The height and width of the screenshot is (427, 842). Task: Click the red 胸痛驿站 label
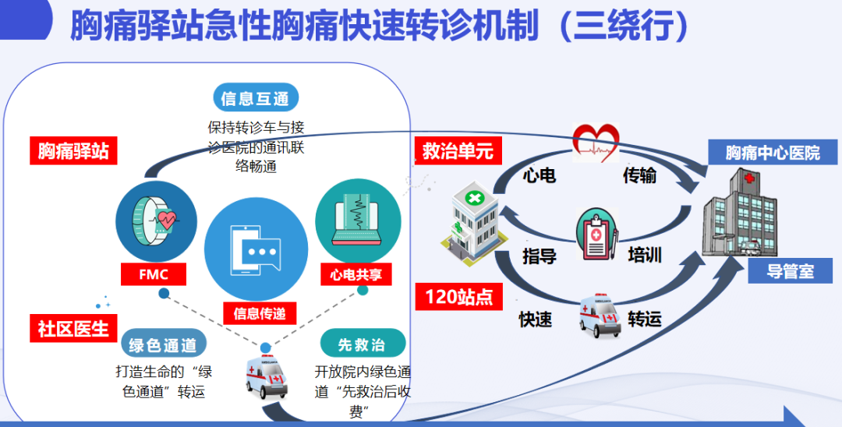73,151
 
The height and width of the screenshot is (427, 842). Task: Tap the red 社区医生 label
73,328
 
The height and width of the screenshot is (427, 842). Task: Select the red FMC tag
154,274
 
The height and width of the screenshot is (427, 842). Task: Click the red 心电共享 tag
356,274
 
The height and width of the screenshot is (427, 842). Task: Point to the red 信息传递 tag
260,312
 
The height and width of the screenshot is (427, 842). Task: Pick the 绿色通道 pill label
163,345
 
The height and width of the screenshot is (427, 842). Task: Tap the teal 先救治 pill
363,344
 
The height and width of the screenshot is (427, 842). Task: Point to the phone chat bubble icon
256,249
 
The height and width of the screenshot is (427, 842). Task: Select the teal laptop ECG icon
358,220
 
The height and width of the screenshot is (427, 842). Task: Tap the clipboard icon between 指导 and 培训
597,235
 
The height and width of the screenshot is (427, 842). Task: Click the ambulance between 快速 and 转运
600,316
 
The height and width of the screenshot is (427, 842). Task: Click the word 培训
645,254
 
